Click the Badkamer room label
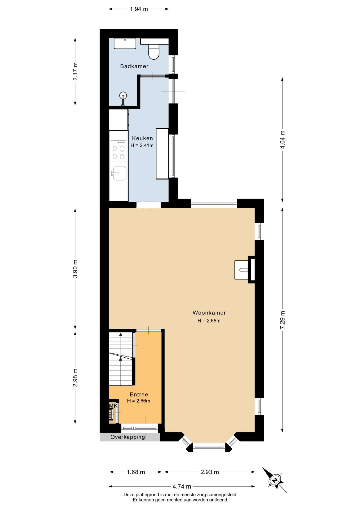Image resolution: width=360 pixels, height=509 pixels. [134, 66]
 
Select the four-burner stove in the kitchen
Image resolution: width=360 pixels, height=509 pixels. [118, 151]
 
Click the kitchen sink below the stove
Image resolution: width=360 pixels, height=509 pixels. [119, 173]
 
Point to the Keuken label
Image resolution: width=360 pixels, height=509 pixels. [142, 138]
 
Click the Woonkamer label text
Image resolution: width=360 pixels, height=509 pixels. [209, 313]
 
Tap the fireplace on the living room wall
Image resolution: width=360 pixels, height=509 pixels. [245, 270]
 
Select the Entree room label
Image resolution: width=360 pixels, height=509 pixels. [139, 394]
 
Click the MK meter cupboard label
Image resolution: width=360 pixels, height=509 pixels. [113, 406]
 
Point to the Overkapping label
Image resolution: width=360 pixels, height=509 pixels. [128, 437]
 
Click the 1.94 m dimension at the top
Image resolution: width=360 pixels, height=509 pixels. [139, 9]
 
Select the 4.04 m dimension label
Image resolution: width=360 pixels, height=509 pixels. [283, 140]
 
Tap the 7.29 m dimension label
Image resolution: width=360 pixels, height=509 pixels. [283, 320]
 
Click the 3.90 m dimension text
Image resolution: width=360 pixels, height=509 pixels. [76, 269]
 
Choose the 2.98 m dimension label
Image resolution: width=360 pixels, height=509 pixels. [76, 378]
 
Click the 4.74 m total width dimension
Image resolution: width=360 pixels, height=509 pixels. [182, 486]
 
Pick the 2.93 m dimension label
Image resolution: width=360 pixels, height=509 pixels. [210, 472]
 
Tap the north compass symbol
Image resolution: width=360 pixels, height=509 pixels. [275, 480]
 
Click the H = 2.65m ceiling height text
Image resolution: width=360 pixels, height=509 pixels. [209, 321]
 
